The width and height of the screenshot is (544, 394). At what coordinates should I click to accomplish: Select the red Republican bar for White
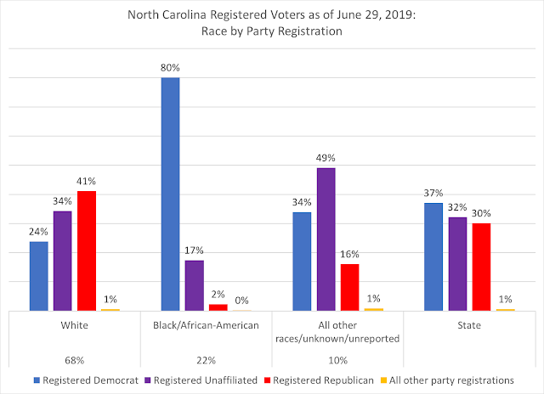(87, 250)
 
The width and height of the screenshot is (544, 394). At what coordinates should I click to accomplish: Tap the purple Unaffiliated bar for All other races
(326, 239)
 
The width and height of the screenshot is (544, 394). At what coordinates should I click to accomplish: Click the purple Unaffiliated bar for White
(62, 261)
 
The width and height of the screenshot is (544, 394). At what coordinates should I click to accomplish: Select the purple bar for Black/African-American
(194, 285)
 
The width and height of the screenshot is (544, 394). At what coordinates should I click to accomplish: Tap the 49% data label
(326, 158)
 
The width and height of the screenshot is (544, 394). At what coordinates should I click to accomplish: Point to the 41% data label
(87, 180)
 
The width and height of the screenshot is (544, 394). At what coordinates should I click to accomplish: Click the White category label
(75, 325)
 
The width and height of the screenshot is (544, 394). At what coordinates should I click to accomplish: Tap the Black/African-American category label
(206, 325)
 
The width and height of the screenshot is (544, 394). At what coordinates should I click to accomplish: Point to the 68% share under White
(75, 358)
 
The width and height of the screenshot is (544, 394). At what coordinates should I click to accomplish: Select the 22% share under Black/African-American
(206, 358)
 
